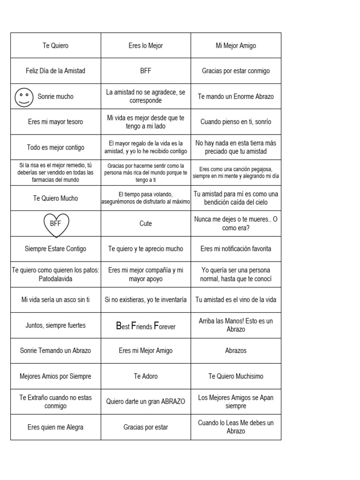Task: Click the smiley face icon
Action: click(24, 97)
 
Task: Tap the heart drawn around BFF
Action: click(56, 224)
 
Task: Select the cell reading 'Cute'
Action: click(146, 224)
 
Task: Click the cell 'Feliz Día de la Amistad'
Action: click(55, 71)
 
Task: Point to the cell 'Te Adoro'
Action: click(146, 376)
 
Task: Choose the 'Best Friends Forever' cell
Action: click(146, 325)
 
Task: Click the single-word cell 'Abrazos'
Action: click(236, 351)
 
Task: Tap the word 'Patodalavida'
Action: click(55, 278)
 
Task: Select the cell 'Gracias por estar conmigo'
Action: click(236, 71)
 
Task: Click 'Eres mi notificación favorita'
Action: click(236, 249)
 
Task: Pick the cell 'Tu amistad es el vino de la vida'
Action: click(236, 300)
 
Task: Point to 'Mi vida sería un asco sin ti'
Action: click(55, 300)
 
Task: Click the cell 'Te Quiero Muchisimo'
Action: click(236, 376)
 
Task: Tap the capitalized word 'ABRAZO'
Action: click(173, 402)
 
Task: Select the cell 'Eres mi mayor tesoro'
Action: click(55, 122)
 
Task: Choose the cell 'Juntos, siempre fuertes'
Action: click(55, 325)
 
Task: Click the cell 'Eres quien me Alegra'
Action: click(55, 427)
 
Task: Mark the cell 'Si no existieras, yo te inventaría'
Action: click(146, 300)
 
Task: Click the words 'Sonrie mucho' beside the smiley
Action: click(55, 97)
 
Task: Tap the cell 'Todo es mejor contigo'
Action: click(55, 148)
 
